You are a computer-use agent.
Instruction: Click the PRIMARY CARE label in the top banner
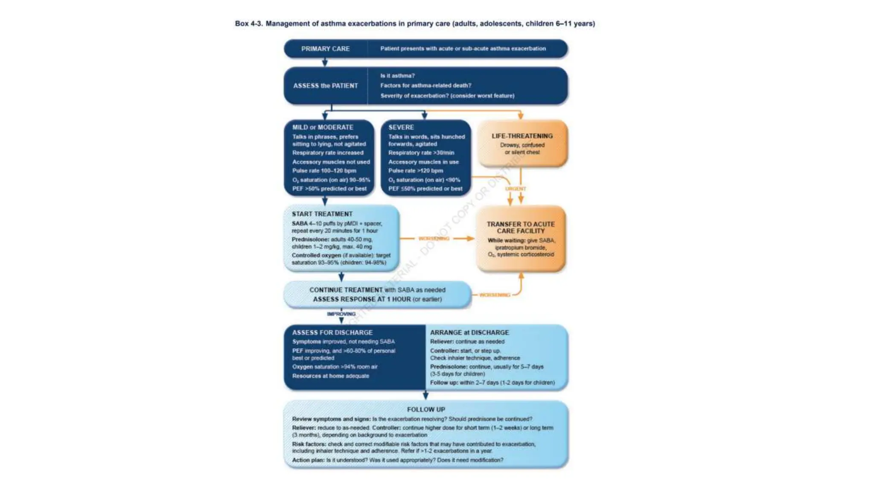point(325,49)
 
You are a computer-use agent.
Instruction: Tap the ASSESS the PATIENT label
point(325,86)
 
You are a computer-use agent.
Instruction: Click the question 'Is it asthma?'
point(397,75)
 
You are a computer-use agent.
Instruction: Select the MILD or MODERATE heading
point(323,127)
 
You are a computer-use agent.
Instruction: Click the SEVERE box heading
point(401,127)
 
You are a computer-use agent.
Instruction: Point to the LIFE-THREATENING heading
point(522,136)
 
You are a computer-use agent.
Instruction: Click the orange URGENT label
point(516,188)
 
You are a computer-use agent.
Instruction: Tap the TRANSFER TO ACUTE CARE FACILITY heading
point(521,227)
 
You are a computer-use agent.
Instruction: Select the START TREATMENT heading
point(322,214)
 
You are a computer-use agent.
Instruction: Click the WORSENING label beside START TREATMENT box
point(434,239)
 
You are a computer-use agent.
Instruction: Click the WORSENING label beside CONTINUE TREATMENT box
point(495,295)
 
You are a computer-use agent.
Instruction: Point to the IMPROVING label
point(341,314)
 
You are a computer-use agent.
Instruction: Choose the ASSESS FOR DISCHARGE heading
point(332,332)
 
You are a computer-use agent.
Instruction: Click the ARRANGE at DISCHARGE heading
point(469,332)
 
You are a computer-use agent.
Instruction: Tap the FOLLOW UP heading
point(426,410)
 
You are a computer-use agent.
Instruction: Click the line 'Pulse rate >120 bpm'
point(415,170)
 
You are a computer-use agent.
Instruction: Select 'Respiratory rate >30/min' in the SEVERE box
point(421,153)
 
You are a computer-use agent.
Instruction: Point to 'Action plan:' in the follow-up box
point(309,460)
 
